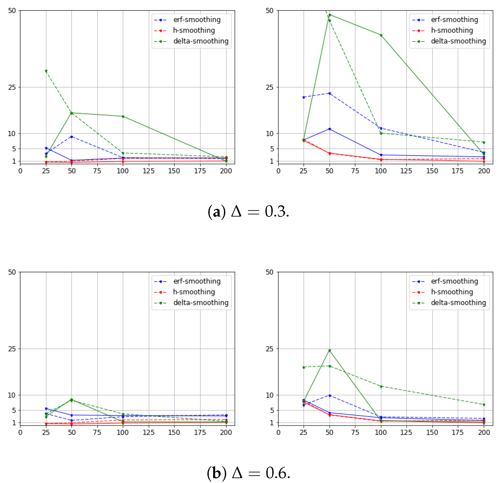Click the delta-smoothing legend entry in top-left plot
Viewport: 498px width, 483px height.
pyautogui.click(x=201, y=41)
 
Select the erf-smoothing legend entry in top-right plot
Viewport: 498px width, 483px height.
pyautogui.click(x=454, y=20)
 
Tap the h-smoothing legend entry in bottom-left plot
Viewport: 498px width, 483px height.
pyautogui.click(x=194, y=292)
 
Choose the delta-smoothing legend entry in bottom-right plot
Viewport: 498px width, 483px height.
pyautogui.click(x=458, y=302)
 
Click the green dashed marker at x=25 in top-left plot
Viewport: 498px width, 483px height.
pyautogui.click(x=46, y=71)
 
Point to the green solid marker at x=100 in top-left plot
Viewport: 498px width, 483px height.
pyautogui.click(x=123, y=117)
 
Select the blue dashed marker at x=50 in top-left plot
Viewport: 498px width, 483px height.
pyautogui.click(x=72, y=137)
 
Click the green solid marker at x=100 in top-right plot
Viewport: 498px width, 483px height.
pyautogui.click(x=381, y=35)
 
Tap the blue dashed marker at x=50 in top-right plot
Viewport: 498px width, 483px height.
pyautogui.click(x=330, y=94)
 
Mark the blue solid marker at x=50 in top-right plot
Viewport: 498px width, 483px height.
pyautogui.click(x=330, y=129)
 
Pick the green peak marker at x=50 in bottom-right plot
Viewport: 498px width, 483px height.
pyautogui.click(x=330, y=350)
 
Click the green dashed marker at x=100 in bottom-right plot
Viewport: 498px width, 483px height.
pyautogui.click(x=381, y=386)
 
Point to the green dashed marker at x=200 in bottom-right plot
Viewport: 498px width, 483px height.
pyautogui.click(x=484, y=404)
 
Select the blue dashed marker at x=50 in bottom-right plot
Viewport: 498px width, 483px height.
pyautogui.click(x=330, y=396)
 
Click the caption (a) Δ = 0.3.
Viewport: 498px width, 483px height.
pyautogui.click(x=248, y=211)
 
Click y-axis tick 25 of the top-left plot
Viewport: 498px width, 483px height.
pyautogui.click(x=12, y=87)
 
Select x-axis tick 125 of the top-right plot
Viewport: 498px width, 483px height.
pyautogui.click(x=406, y=171)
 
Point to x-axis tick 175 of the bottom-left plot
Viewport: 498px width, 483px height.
pyautogui.click(x=200, y=432)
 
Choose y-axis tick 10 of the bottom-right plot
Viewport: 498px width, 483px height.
pyautogui.click(x=270, y=395)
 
